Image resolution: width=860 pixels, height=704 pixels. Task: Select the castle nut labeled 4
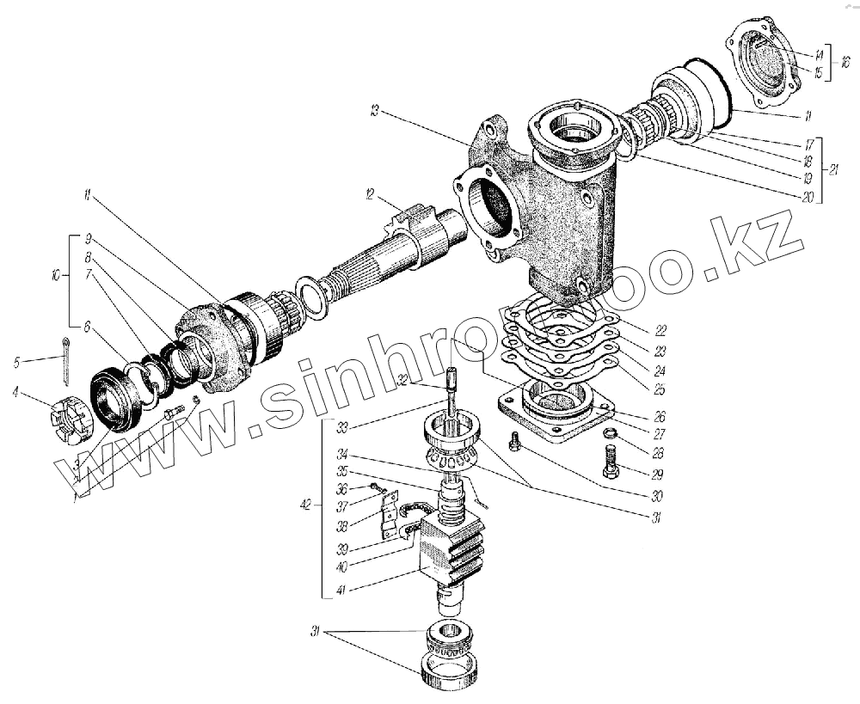pyautogui.click(x=69, y=419)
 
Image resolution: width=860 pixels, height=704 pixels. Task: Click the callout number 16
pyautogui.click(x=845, y=62)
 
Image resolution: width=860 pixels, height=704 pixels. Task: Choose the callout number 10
pyautogui.click(x=55, y=277)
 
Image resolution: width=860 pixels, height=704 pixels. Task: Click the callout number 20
pyautogui.click(x=807, y=197)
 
